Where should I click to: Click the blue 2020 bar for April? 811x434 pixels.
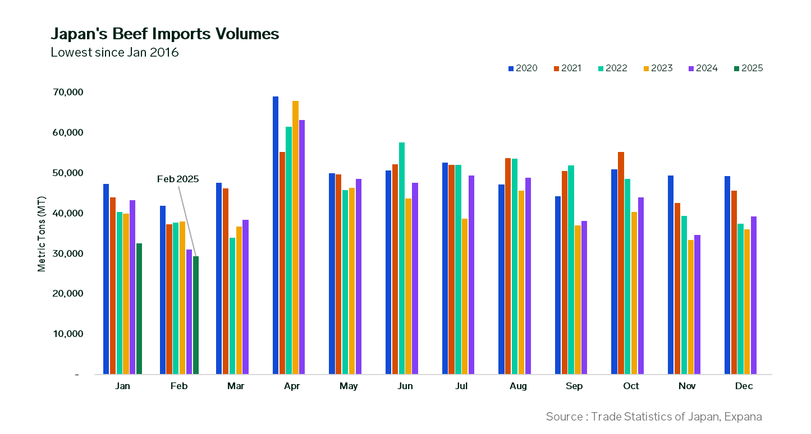point(276,236)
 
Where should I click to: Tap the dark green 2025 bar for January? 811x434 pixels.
point(139,308)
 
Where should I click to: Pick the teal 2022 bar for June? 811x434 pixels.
point(402,258)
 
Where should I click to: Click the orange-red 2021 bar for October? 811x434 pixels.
point(621,263)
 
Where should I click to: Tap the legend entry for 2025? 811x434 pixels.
point(748,68)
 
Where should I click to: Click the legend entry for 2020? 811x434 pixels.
point(523,68)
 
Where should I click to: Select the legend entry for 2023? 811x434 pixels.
point(658,68)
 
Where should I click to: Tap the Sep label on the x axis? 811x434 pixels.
point(574,386)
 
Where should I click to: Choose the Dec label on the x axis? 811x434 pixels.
point(744,386)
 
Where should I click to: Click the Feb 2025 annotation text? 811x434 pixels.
point(178,179)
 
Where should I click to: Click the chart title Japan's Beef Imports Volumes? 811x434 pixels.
point(164,34)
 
